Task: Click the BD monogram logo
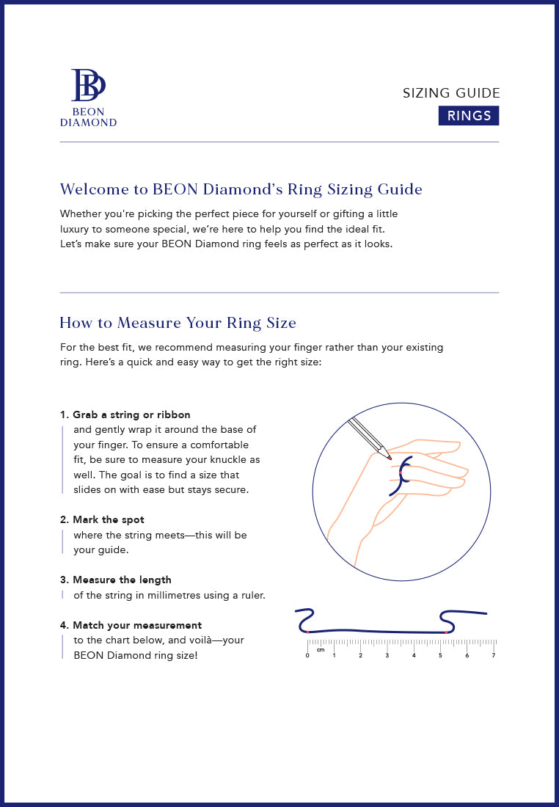pos(88,85)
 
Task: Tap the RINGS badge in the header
pos(469,116)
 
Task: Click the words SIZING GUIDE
pos(451,93)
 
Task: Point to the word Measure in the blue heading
pos(149,323)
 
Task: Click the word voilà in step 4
pos(208,640)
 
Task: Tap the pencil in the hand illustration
pos(369,439)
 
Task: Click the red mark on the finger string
pos(401,472)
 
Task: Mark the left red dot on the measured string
pos(308,632)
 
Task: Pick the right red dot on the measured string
pos(446,632)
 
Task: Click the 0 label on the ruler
pos(307,655)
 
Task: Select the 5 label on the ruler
pos(440,655)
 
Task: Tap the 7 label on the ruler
pos(494,655)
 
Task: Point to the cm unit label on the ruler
pos(321,650)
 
